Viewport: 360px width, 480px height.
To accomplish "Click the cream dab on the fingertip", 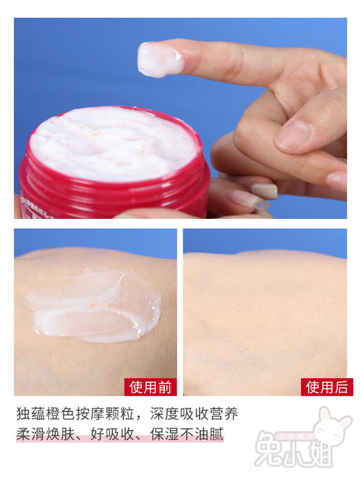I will point(160,59).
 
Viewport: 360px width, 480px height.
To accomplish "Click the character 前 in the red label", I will point(164,386).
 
